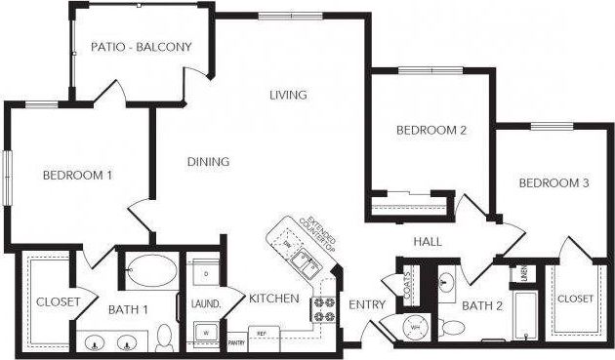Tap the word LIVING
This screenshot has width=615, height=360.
click(289, 96)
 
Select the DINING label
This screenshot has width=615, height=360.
click(207, 162)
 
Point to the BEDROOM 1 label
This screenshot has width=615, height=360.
click(77, 176)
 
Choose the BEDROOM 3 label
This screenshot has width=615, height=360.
click(553, 183)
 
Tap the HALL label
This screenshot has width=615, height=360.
click(428, 241)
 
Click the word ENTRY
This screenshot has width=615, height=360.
click(367, 304)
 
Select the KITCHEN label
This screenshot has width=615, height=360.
click(273, 299)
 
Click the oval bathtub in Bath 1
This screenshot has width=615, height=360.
click(149, 269)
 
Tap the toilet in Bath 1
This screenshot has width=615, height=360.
click(164, 337)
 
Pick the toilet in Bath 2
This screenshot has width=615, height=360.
click(454, 326)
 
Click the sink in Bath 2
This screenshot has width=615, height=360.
click(447, 283)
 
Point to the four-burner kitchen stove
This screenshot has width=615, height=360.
click(323, 309)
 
